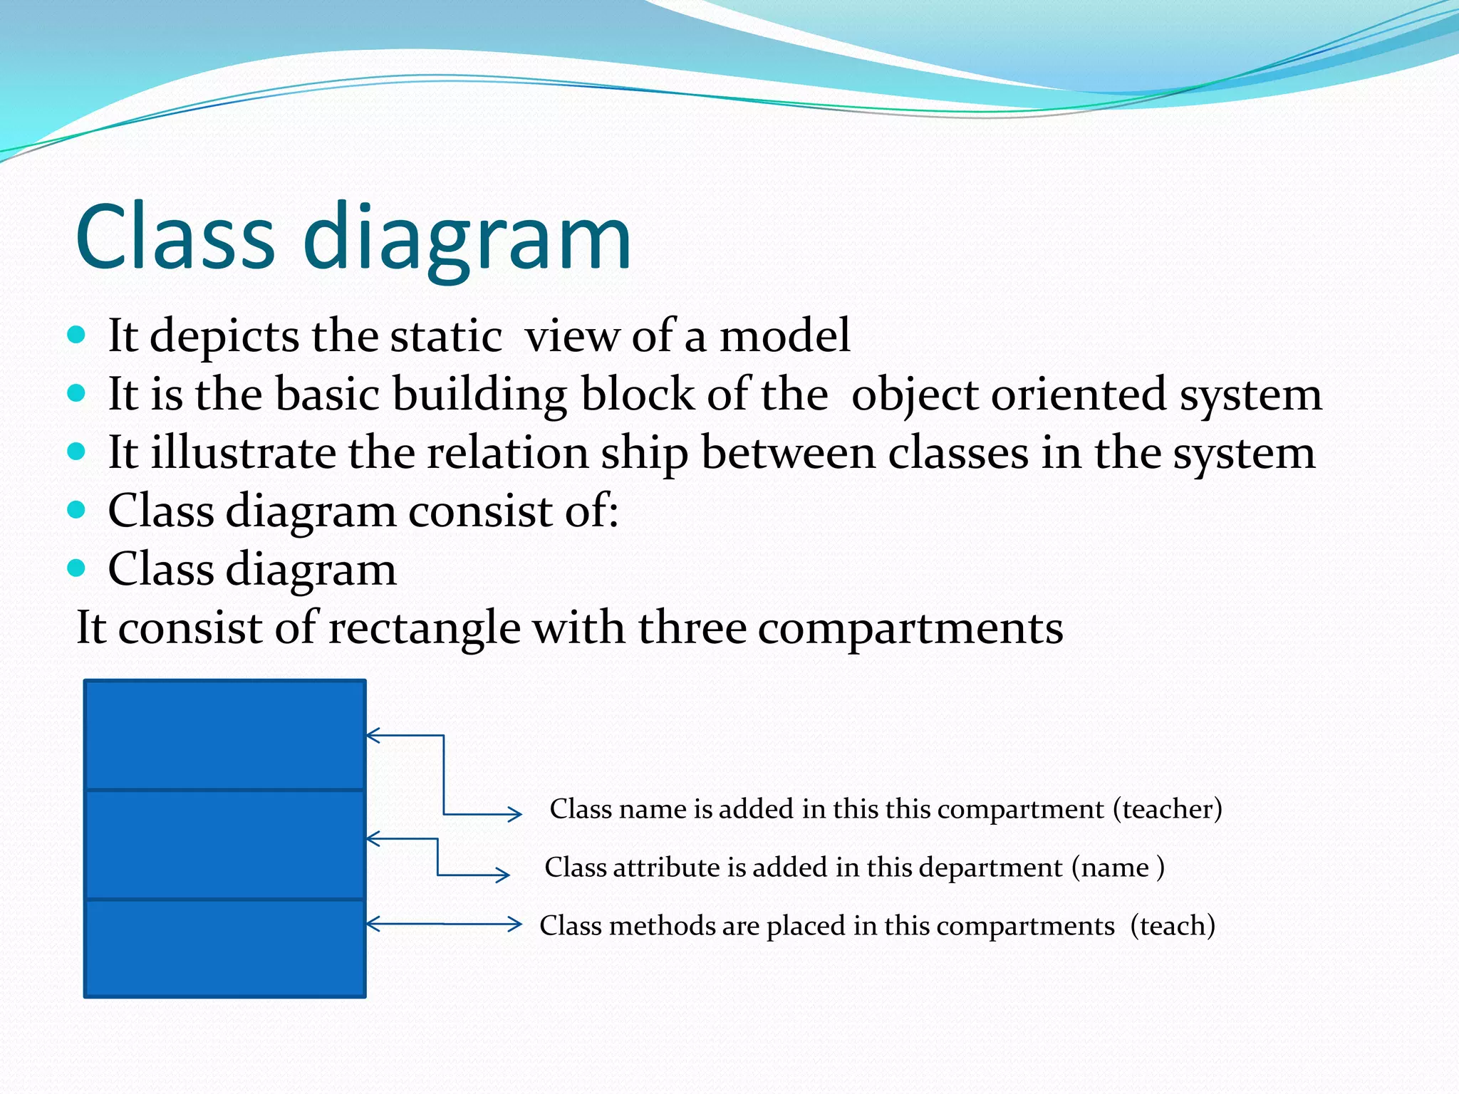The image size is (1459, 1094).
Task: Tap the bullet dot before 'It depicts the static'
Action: point(77,335)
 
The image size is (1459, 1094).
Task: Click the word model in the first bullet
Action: point(784,335)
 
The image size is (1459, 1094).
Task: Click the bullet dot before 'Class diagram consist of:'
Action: point(77,510)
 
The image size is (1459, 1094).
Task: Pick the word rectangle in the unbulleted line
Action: point(425,628)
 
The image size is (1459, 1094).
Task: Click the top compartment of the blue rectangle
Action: point(225,735)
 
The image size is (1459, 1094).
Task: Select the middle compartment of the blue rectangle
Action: point(225,845)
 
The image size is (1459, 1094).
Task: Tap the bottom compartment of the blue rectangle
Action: point(225,947)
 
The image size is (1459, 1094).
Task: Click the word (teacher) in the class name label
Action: point(1168,809)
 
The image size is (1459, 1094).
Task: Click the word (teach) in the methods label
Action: point(1173,926)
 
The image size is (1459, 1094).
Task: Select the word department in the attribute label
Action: point(990,868)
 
